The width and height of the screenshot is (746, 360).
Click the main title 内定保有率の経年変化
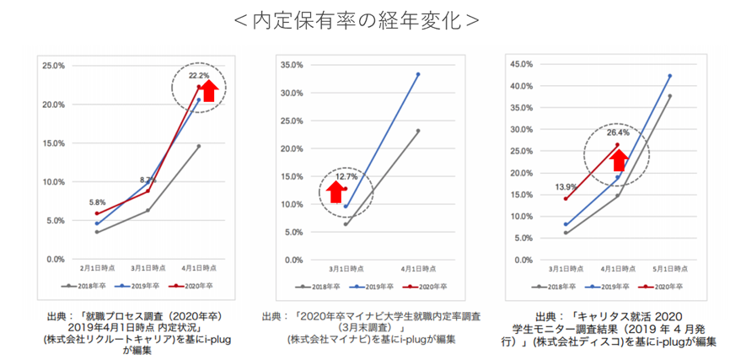click(355, 19)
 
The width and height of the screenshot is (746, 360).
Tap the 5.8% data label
click(98, 202)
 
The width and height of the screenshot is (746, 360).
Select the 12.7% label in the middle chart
click(346, 178)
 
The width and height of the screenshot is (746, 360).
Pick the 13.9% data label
click(566, 185)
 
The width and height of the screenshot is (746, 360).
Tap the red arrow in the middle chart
click(335, 192)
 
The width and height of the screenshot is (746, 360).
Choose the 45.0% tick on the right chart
click(522, 64)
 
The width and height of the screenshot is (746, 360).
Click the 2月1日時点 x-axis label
click(98, 267)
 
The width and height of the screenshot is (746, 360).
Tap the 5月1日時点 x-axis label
click(669, 267)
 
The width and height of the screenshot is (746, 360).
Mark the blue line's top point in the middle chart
click(418, 74)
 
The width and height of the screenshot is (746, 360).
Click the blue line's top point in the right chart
click(669, 76)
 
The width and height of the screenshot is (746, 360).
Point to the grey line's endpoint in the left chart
click(199, 146)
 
